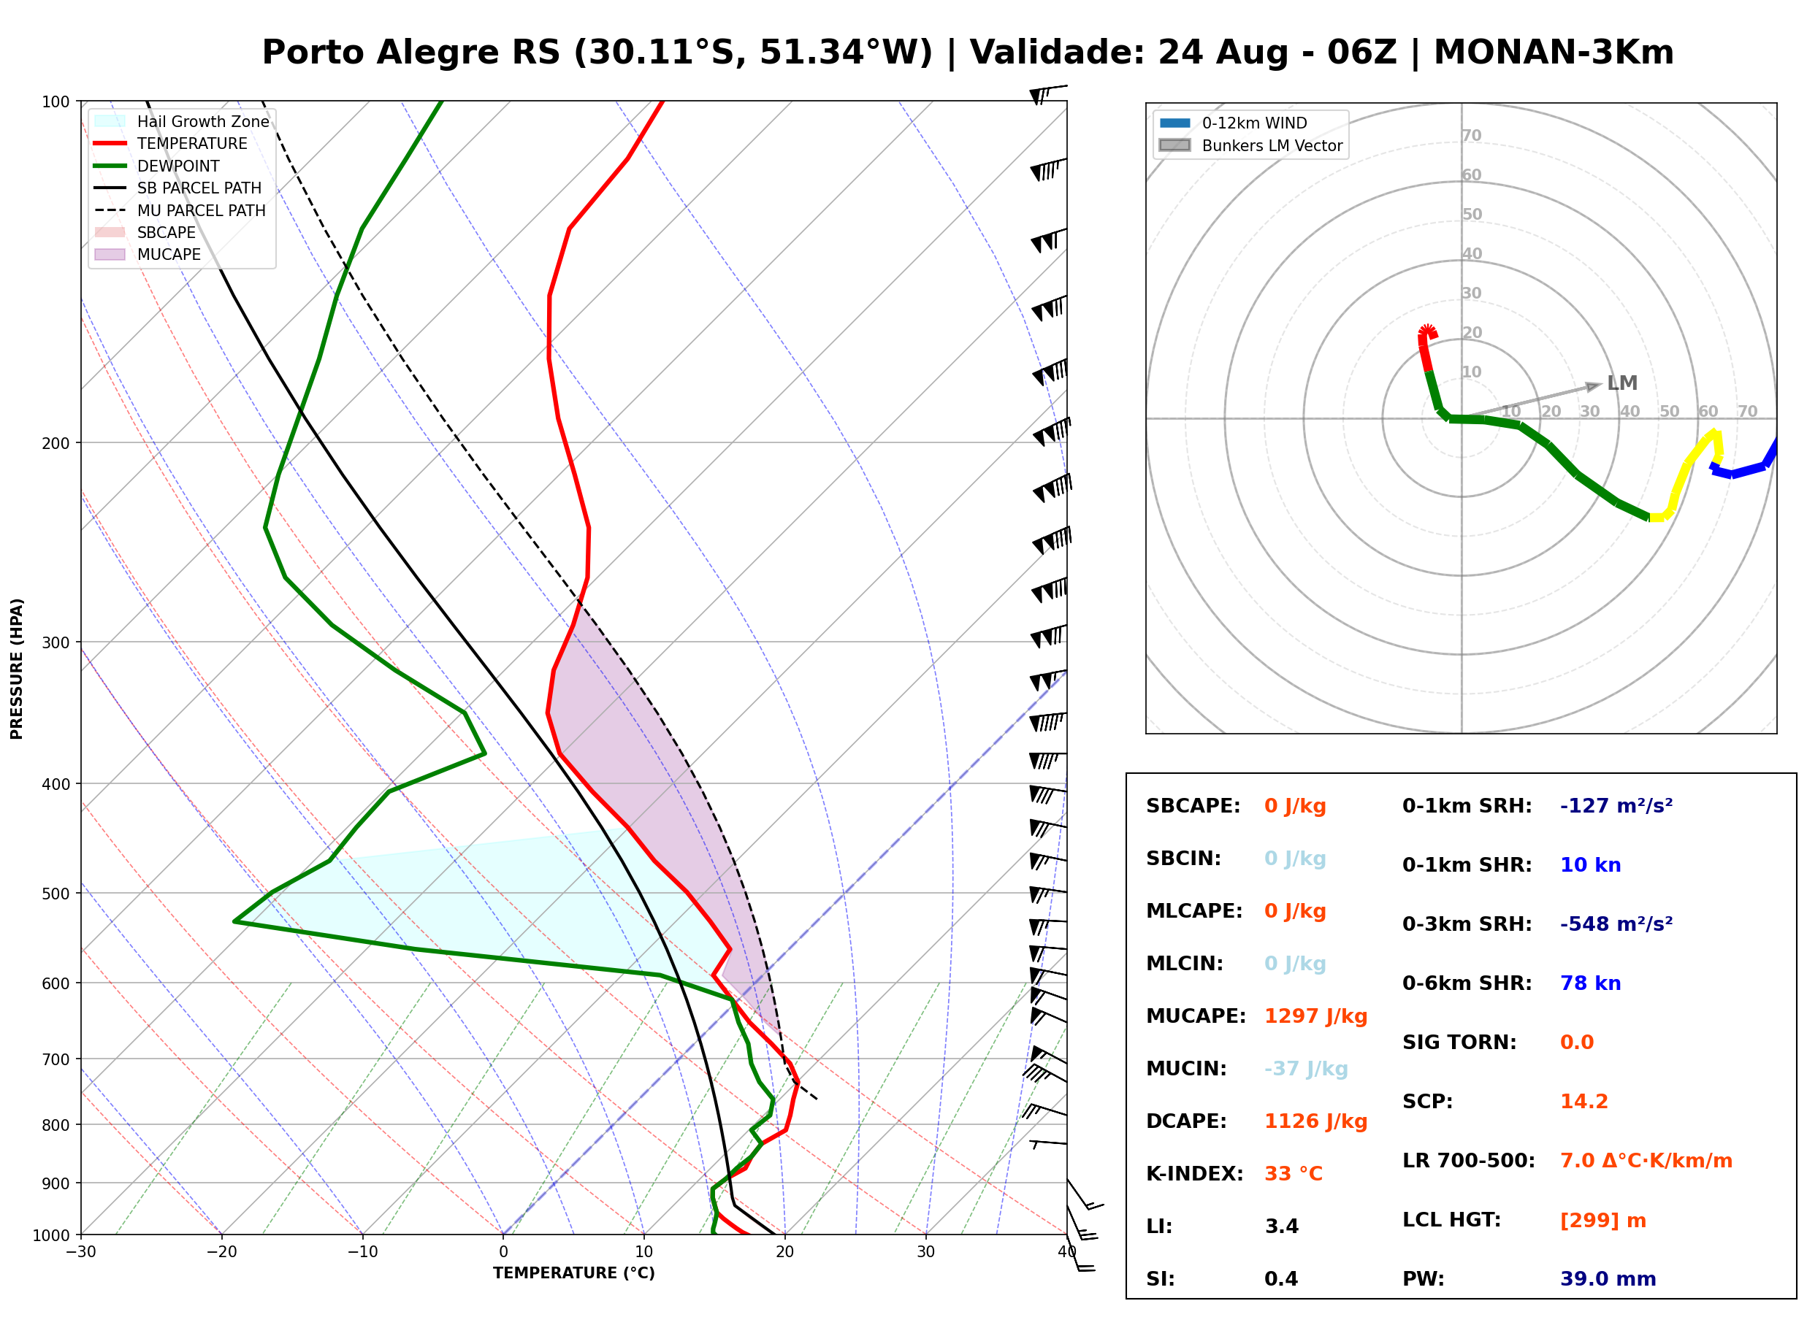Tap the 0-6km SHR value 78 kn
click(x=1590, y=983)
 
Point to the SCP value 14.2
click(x=1583, y=1102)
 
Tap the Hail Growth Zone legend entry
click(x=182, y=121)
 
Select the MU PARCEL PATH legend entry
click(x=180, y=210)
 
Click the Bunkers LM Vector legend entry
click(x=1250, y=145)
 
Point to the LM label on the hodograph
click(x=1621, y=383)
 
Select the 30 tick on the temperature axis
click(x=926, y=1253)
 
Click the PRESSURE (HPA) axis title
click(x=17, y=669)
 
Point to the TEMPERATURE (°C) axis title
click(x=574, y=1274)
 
